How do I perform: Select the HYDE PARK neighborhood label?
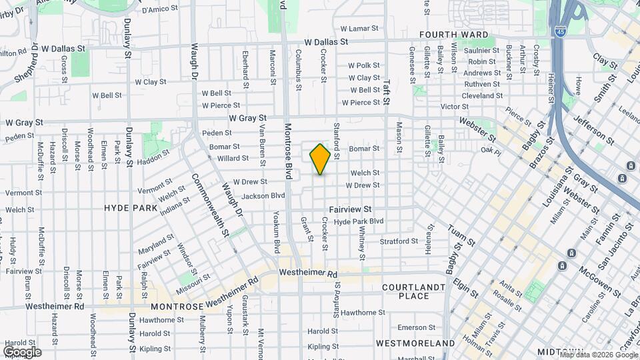click(x=130, y=208)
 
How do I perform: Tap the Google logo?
click(x=22, y=352)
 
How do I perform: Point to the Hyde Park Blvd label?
click(x=359, y=221)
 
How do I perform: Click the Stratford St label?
click(x=398, y=241)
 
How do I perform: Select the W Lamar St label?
click(x=359, y=29)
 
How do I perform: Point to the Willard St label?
click(x=233, y=158)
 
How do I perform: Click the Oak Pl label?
click(x=491, y=150)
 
